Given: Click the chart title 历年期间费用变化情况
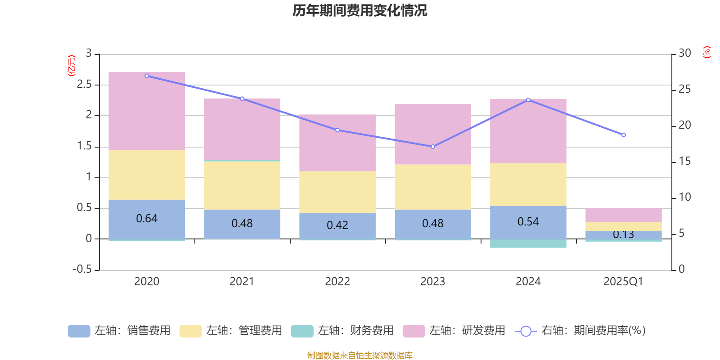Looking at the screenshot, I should (360, 10).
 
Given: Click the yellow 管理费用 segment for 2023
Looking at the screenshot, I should (433, 187).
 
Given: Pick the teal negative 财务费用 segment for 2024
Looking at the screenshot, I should (528, 243).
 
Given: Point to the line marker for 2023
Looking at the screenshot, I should (433, 147).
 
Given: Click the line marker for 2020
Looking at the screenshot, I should (147, 76).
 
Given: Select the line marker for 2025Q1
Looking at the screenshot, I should (624, 135).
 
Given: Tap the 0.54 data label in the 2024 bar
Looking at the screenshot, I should (528, 222).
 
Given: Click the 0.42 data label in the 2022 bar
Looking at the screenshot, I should (337, 225).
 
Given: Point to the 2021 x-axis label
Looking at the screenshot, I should (242, 282).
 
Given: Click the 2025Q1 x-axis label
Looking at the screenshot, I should (624, 282).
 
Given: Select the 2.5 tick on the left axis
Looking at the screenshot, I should (84, 85).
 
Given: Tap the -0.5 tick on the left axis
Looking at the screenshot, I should (82, 270).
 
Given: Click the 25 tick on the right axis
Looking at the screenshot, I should (684, 90).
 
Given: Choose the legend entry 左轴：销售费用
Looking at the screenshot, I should (119, 331).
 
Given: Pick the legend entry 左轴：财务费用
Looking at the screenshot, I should (342, 331).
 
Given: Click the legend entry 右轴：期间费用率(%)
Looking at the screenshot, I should (580, 331).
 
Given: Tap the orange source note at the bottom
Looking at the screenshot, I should (360, 355).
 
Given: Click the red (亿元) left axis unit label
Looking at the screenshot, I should (72, 66).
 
